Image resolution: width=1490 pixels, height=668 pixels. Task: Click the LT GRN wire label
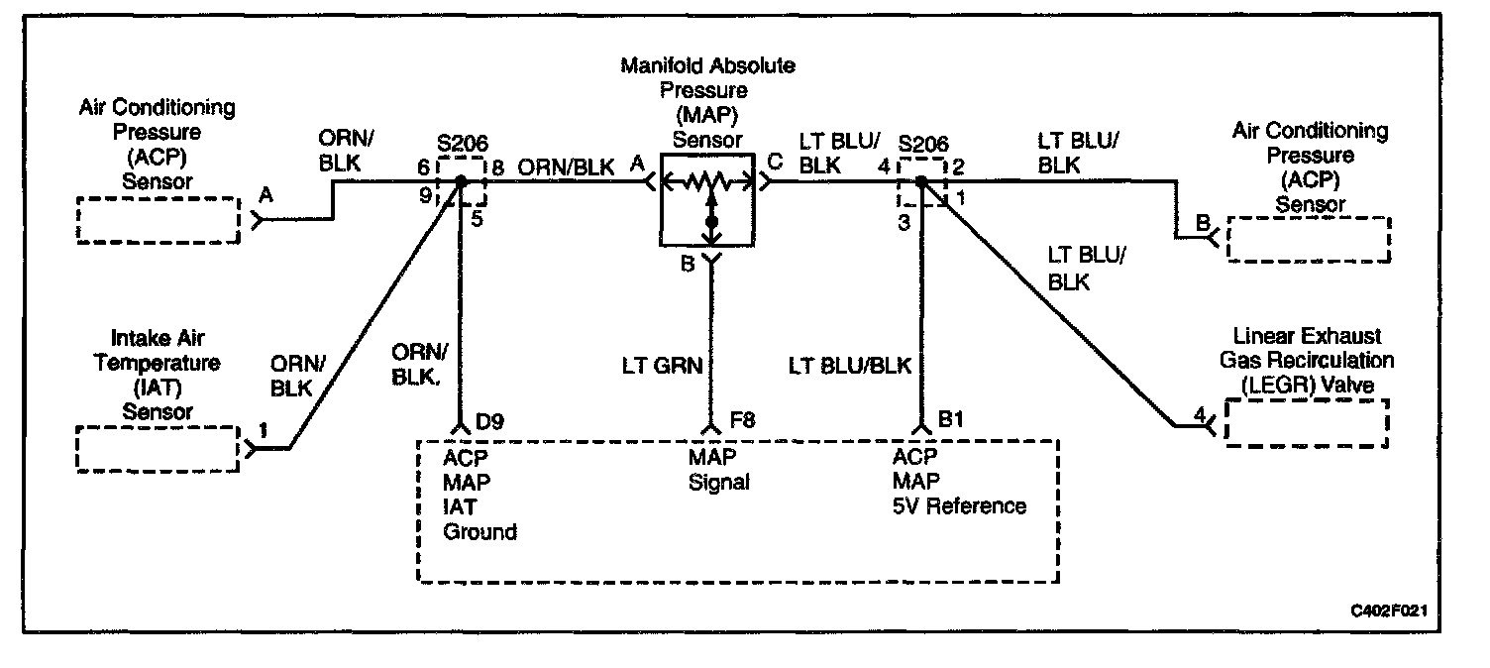(x=661, y=366)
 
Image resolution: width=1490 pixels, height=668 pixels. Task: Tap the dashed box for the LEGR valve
(x=1307, y=423)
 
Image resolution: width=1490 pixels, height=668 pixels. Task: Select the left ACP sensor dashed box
(x=159, y=219)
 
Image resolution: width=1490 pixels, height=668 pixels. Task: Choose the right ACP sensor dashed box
(x=1308, y=239)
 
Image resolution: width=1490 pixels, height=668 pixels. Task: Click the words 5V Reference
(x=959, y=506)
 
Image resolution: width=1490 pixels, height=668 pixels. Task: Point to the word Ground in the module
(x=479, y=532)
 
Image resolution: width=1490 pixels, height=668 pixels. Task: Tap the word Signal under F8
(x=718, y=483)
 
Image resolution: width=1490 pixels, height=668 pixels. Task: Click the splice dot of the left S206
(x=461, y=182)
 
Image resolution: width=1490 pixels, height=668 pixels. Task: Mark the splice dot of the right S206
(x=920, y=182)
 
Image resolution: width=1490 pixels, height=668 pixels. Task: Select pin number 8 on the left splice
(x=497, y=168)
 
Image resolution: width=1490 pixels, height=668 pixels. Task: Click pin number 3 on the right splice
(x=904, y=223)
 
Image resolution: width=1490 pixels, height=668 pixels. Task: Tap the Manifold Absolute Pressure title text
(x=707, y=66)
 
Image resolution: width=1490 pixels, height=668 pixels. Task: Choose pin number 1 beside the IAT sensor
(x=263, y=430)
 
